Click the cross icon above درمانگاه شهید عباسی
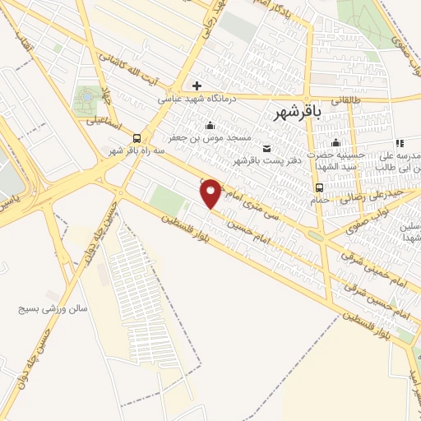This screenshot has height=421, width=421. (197, 86)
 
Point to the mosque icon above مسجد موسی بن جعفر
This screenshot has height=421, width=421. (211, 125)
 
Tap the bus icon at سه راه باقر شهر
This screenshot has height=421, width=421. (136, 138)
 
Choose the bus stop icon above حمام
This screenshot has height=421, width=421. (318, 187)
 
